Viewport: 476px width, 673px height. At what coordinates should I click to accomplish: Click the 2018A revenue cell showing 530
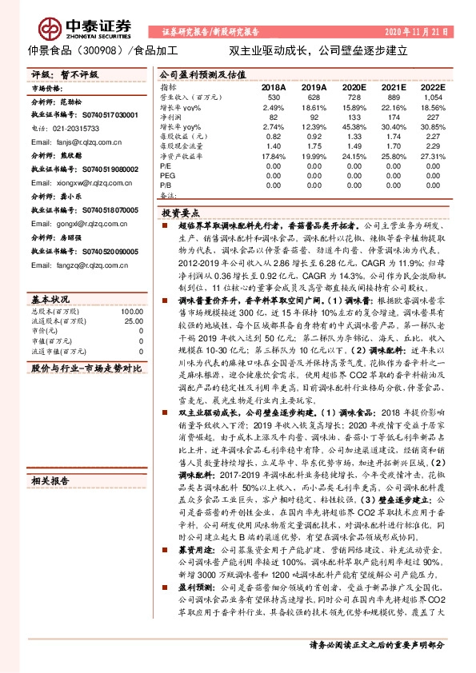[273, 96]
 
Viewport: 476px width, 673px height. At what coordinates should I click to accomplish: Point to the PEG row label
[167, 173]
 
